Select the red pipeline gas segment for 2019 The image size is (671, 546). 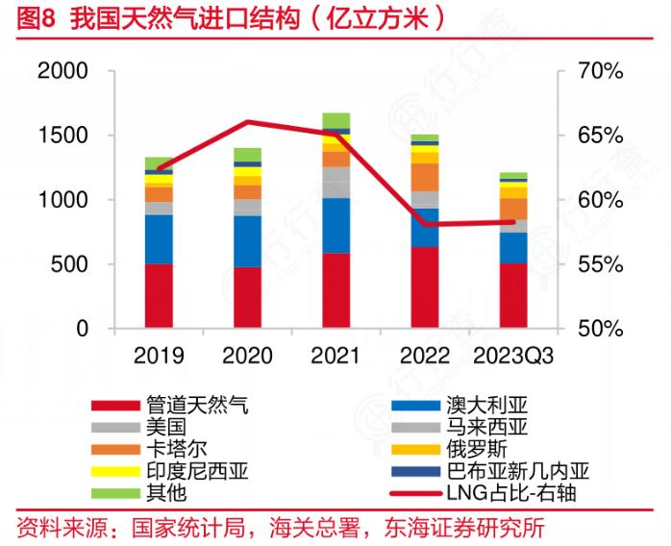click(x=159, y=295)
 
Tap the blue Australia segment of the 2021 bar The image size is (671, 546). click(x=335, y=226)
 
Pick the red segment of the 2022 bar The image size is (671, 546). click(x=424, y=286)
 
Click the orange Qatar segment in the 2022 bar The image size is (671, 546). click(x=424, y=177)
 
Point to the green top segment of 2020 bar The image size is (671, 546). click(x=247, y=154)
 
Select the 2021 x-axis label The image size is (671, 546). click(x=335, y=357)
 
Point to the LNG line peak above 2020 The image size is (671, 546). click(x=247, y=121)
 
